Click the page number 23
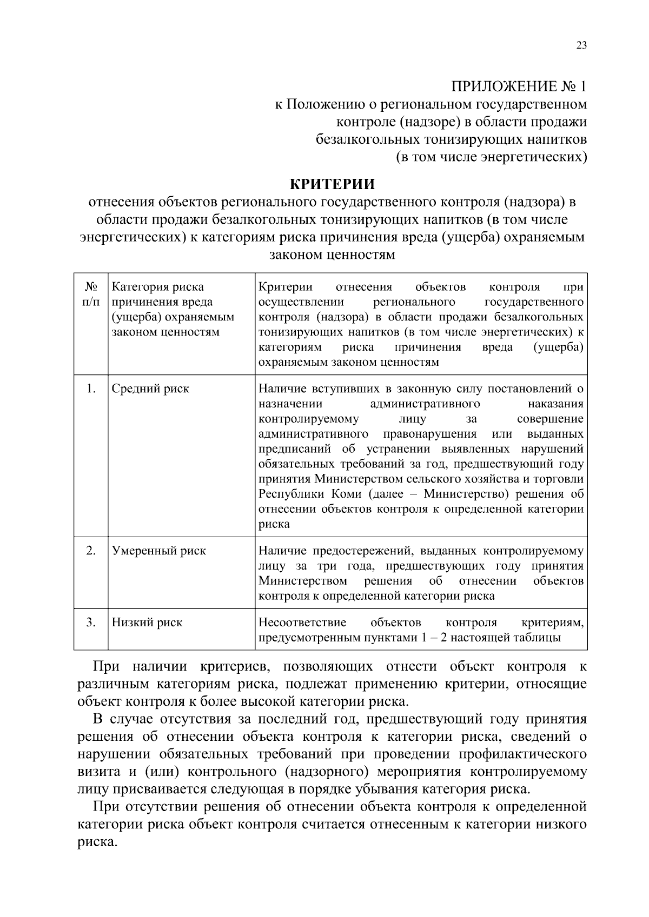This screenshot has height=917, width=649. (581, 45)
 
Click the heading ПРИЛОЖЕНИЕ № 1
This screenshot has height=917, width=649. (519, 86)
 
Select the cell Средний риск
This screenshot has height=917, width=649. (150, 389)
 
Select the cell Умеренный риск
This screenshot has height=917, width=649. (158, 551)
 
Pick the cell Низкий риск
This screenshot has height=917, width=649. (147, 623)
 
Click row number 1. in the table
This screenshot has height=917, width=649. (91, 389)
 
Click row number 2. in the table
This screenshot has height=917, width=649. (91, 551)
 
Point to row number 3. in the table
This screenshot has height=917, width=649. (91, 623)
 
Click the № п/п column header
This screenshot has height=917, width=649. (91, 294)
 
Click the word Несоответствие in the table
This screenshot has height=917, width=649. (302, 623)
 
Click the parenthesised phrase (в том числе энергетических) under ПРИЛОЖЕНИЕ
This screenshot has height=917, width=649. (491, 158)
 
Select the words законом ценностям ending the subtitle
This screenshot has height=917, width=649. (332, 255)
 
